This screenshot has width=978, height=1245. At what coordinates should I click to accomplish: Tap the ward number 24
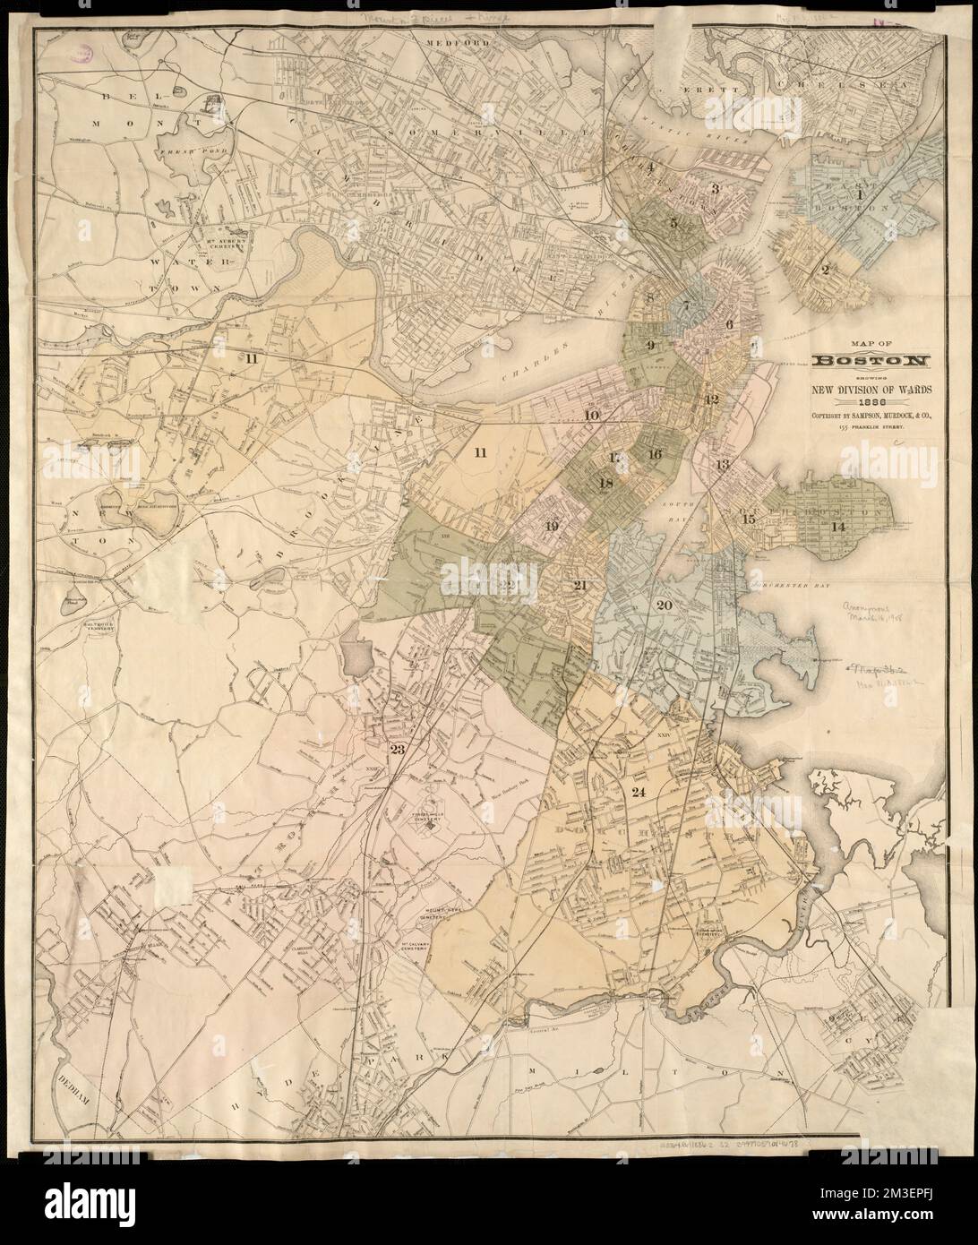coord(638,792)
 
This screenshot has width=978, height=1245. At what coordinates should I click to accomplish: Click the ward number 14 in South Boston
coord(838,527)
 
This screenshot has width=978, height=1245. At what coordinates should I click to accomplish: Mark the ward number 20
coord(664,605)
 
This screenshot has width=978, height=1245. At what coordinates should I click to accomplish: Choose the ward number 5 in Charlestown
coord(673,221)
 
